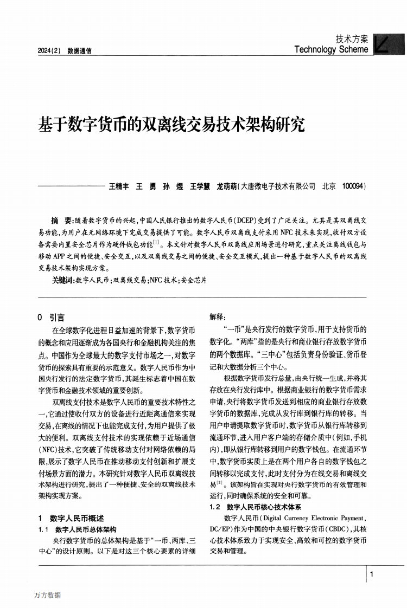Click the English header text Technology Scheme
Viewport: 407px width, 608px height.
331,49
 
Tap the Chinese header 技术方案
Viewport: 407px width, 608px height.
352,39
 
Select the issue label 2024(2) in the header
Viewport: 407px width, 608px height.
48,51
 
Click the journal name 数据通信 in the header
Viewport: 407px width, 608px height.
79,51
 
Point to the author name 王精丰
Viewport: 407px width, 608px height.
119,186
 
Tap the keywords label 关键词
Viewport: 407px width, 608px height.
62,280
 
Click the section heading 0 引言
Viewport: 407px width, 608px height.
50,318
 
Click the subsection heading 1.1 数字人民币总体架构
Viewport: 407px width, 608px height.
78,529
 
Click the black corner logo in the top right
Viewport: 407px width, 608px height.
389,44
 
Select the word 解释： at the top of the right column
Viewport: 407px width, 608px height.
218,317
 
